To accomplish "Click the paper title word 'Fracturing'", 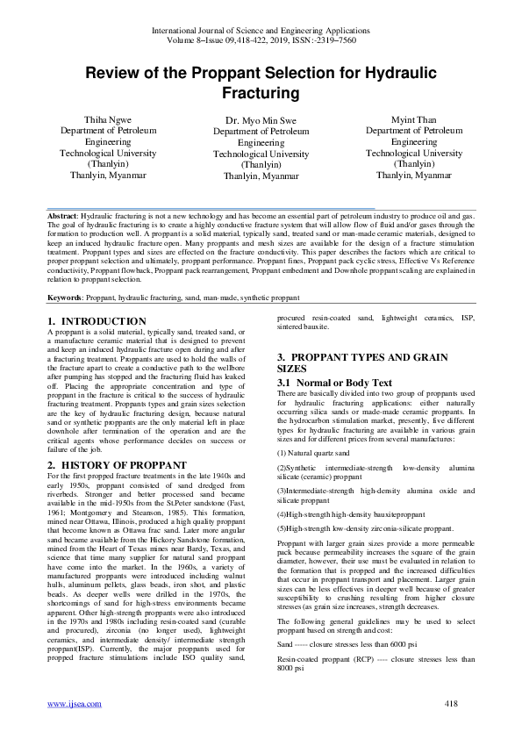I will tap(261, 92).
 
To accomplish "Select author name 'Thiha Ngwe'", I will tap(108, 118).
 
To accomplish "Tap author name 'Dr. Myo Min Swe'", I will tap(261, 119).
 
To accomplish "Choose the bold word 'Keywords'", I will tap(66, 298).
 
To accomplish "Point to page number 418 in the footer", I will tap(451, 703).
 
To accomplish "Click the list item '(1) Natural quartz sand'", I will tap(312, 453).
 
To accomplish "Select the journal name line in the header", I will tap(261, 30).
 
